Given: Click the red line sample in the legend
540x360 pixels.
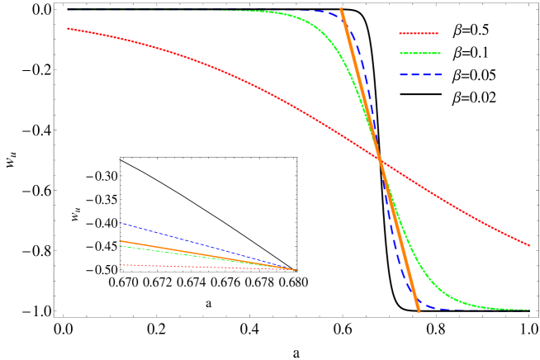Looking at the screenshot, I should tap(421, 33).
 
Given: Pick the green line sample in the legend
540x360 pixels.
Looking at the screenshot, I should tap(421, 54).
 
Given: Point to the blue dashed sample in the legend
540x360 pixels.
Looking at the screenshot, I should tap(421, 76).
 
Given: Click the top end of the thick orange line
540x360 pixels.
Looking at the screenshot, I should tap(342, 8).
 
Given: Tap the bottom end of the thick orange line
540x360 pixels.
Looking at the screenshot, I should tap(418, 311).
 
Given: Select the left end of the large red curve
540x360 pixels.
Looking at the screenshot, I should tap(68, 28).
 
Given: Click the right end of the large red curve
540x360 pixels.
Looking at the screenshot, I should tap(529, 245).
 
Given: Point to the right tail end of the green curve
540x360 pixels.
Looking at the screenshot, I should tap(528, 310).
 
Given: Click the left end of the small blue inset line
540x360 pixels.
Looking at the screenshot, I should tap(120, 223).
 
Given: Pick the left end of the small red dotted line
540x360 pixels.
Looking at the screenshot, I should tap(120, 264).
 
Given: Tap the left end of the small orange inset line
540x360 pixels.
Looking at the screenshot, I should tap(120, 241).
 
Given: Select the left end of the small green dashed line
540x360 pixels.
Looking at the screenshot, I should tap(120, 246).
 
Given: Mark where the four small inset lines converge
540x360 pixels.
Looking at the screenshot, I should tap(296, 270).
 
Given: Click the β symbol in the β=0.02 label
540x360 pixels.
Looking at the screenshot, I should tap(457, 97).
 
